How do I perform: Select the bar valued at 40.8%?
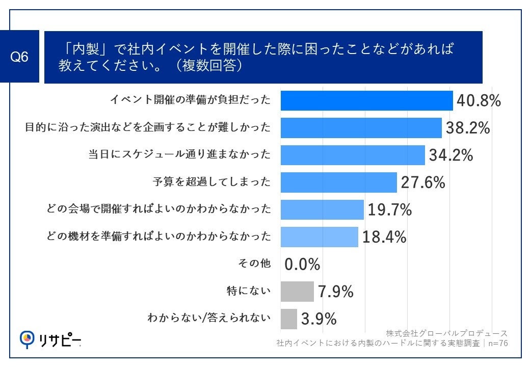pos(366,100)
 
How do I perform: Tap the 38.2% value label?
pos(468,128)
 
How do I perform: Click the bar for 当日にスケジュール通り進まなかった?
pos(352,155)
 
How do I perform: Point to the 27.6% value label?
pos(423,182)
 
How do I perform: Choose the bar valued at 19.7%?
pos(322,209)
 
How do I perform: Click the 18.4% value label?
pos(384,237)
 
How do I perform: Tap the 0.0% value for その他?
pos(302,264)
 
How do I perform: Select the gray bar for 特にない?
pos(297,292)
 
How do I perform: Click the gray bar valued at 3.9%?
pos(288,319)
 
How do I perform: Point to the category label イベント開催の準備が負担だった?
pos(190,100)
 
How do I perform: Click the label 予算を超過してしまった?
pos(211,182)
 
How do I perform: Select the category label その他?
pos(254,264)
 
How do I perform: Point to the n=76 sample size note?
pos(497,344)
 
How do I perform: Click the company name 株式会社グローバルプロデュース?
pos(446,333)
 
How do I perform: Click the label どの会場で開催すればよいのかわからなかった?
pos(158,209)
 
